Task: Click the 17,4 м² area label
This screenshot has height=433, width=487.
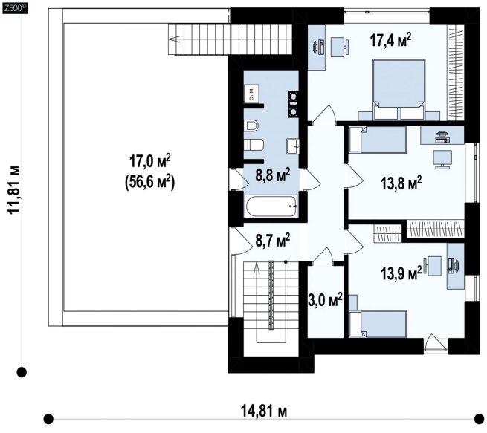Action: (391, 41)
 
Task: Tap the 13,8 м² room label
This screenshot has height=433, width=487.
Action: (401, 183)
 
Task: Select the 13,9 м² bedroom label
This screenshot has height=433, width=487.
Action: (401, 273)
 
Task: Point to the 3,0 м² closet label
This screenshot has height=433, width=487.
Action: (325, 300)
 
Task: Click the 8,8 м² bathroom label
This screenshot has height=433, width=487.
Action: (273, 175)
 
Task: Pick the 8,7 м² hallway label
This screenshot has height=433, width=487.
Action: (273, 241)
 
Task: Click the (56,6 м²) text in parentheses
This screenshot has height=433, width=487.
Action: (149, 182)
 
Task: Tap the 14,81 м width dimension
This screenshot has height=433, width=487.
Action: (264, 411)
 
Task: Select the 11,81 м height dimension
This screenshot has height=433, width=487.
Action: (14, 189)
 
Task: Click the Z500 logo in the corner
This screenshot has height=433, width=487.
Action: (15, 8)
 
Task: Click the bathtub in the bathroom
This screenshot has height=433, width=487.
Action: (272, 206)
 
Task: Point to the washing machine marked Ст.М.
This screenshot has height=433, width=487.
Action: (251, 93)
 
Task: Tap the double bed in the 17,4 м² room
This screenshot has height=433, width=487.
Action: (399, 89)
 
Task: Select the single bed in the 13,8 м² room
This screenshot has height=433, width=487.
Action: (378, 140)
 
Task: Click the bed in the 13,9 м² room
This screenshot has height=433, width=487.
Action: (378, 324)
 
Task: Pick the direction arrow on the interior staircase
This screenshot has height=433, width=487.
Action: (257, 269)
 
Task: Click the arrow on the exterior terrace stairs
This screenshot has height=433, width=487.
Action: (175, 39)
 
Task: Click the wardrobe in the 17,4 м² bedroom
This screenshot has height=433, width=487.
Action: (456, 74)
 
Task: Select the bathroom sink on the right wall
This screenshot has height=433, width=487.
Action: (293, 146)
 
